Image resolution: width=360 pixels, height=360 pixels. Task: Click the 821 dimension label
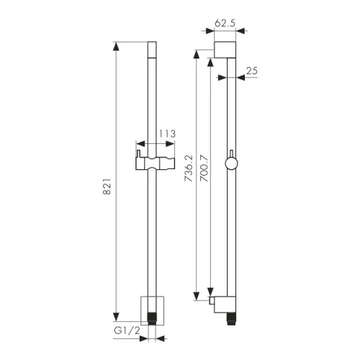point(107,186)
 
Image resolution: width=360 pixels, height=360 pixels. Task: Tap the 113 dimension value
point(167,134)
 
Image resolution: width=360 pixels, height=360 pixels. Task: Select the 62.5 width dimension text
point(225,23)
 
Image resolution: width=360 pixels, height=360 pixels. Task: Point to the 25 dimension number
point(252,71)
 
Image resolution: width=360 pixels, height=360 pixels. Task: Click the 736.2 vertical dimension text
point(189,168)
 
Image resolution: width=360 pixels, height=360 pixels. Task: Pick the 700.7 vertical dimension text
point(204,168)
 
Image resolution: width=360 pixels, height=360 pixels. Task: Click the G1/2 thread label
point(127,330)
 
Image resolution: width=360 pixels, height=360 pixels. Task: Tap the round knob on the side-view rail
point(231,163)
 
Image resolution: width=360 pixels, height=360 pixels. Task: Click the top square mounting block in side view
point(225,50)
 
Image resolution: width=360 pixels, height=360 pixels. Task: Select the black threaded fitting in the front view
point(152,318)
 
